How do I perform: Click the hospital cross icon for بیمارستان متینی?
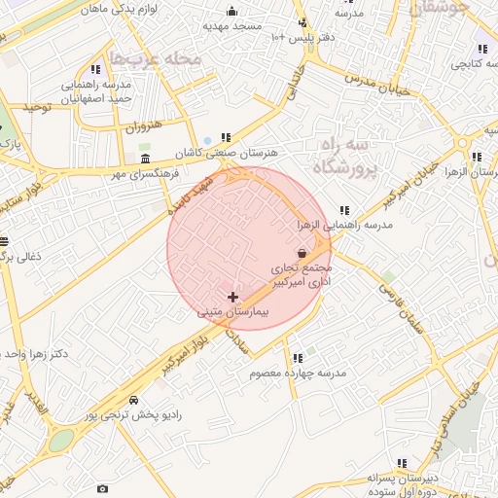click(x=232, y=296)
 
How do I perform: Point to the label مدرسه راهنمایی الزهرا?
click(x=345, y=225)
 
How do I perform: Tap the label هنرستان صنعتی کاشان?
click(x=226, y=154)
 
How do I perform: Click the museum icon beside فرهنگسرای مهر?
click(x=145, y=159)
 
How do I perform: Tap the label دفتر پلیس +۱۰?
click(x=302, y=37)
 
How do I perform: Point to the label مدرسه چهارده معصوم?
click(x=299, y=373)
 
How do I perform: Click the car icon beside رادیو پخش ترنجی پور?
click(x=133, y=400)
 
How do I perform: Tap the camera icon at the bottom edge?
click(x=102, y=488)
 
